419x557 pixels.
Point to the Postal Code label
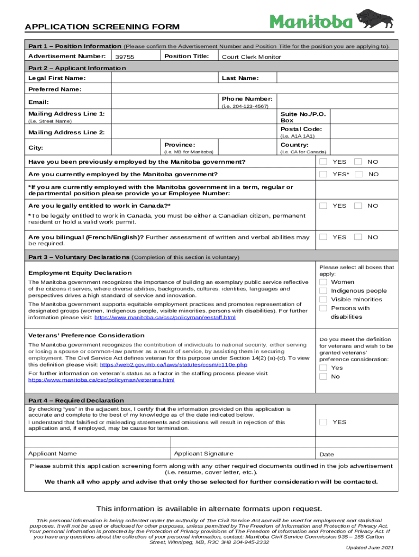coord(300,129)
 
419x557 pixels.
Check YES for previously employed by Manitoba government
coord(324,162)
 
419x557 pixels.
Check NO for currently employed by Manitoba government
coord(359,174)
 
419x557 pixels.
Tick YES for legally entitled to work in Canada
coord(324,206)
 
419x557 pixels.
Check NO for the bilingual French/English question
coord(359,237)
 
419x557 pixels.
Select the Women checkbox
coord(323,282)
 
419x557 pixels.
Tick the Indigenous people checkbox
coord(323,290)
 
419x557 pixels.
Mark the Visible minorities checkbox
coord(323,299)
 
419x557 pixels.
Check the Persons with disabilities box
coord(323,308)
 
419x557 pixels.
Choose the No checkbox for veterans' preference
coord(323,376)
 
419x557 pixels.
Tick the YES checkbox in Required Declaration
coord(323,422)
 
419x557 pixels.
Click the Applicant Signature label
coord(204,454)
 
